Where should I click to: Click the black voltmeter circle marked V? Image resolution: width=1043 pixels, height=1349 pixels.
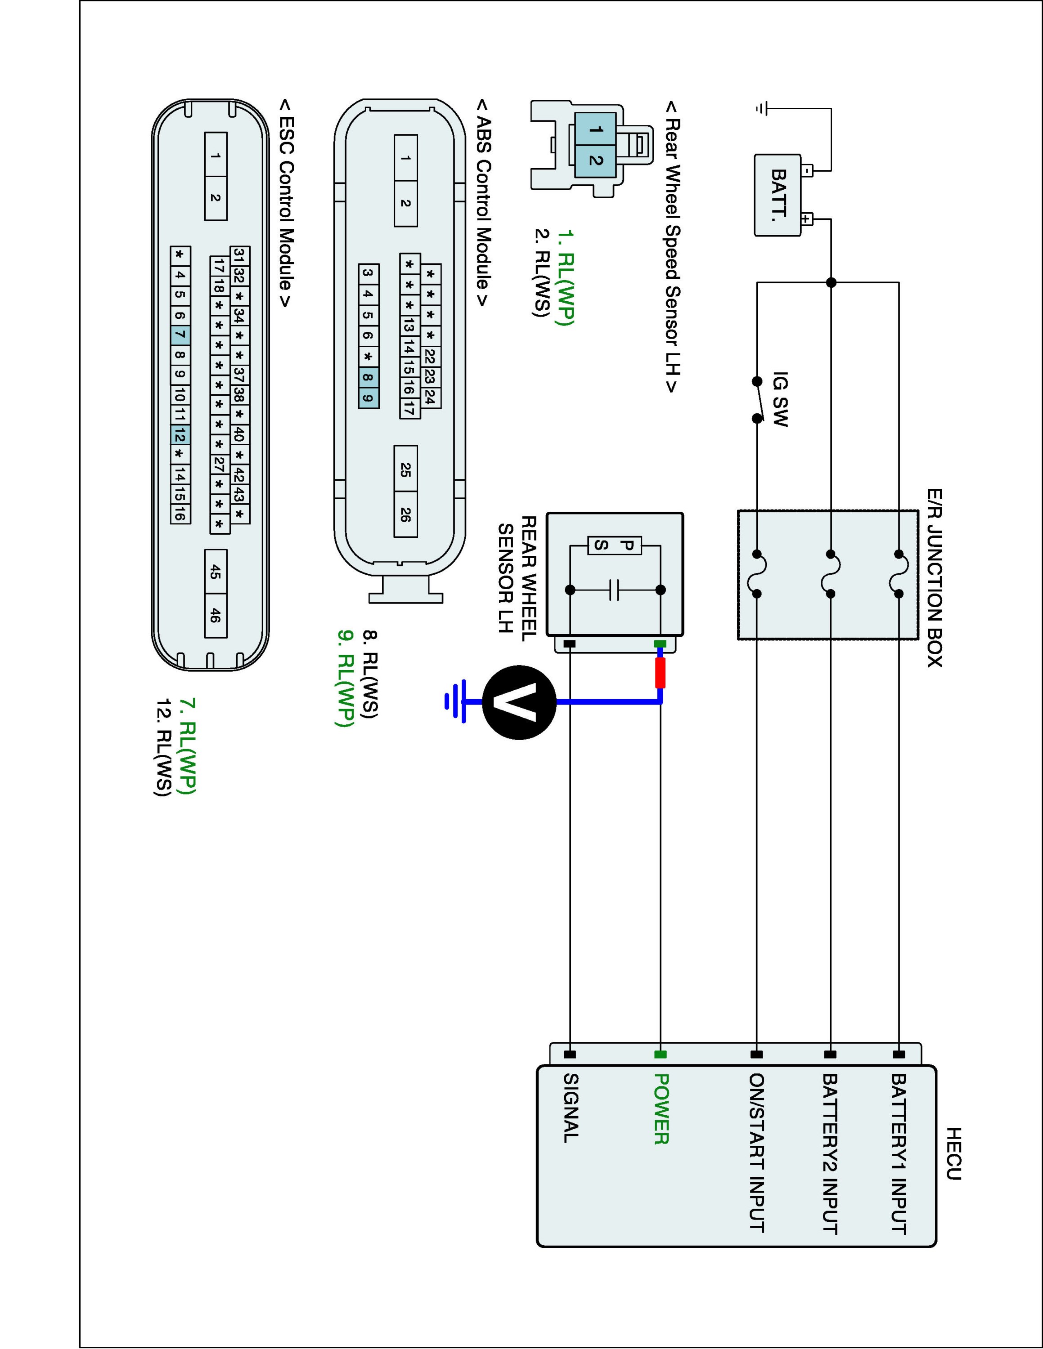(x=519, y=702)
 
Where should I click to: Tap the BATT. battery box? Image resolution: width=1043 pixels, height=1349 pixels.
(x=778, y=195)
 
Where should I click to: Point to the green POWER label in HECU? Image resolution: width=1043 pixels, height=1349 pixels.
(x=661, y=1109)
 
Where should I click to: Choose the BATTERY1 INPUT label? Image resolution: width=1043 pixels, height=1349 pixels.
(x=899, y=1154)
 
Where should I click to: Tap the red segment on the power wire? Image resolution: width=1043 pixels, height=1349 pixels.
(x=661, y=673)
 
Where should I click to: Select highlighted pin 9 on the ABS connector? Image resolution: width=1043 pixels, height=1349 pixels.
(x=368, y=398)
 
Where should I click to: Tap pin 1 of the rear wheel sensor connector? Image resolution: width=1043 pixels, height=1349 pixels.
(x=595, y=130)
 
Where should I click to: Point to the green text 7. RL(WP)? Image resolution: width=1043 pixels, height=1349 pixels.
(x=187, y=746)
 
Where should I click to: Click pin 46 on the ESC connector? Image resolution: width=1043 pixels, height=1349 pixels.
(x=216, y=615)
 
